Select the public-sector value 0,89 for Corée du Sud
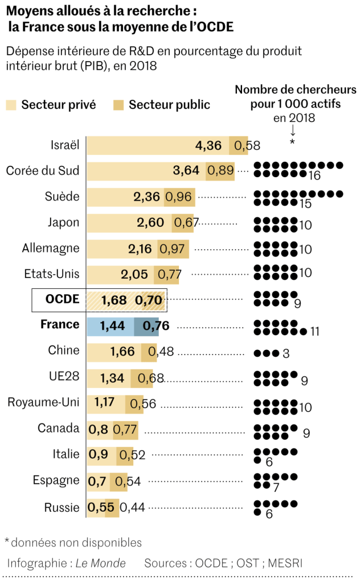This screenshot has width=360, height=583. [x=220, y=171]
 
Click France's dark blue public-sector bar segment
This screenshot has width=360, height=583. [x=146, y=327]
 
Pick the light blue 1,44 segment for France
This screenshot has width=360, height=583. [x=111, y=327]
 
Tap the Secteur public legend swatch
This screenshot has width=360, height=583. [x=118, y=105]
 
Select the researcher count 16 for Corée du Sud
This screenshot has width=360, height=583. [x=314, y=176]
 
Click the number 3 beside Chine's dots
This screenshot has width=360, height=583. [x=286, y=353]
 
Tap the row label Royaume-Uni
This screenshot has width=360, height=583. [x=43, y=402]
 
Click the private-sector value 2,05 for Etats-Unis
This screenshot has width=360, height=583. [x=134, y=274]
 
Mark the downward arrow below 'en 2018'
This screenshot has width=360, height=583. [x=292, y=129]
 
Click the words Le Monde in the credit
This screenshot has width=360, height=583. [x=101, y=563]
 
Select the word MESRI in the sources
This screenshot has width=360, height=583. [x=283, y=563]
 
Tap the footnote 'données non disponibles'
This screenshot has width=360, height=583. [x=76, y=542]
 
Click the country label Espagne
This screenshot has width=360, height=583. [x=56, y=480]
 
